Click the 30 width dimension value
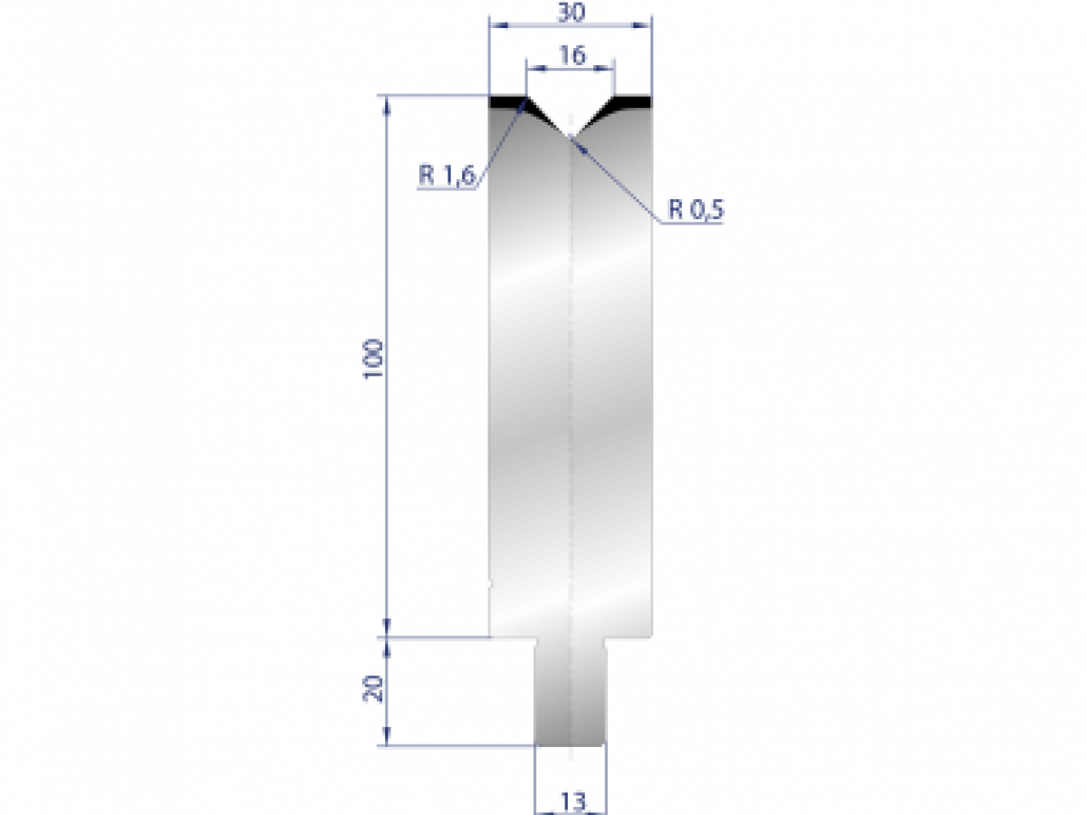pos(571,14)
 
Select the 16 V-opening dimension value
pos(571,55)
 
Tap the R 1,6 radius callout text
pos(447,176)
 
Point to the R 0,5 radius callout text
pos(697,211)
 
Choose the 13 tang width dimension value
pos(572,801)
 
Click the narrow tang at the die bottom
pos(571,693)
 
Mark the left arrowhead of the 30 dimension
pos(495,26)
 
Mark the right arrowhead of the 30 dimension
pos(646,26)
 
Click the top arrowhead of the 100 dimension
pos(389,101)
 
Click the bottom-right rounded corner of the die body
pos(649,632)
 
